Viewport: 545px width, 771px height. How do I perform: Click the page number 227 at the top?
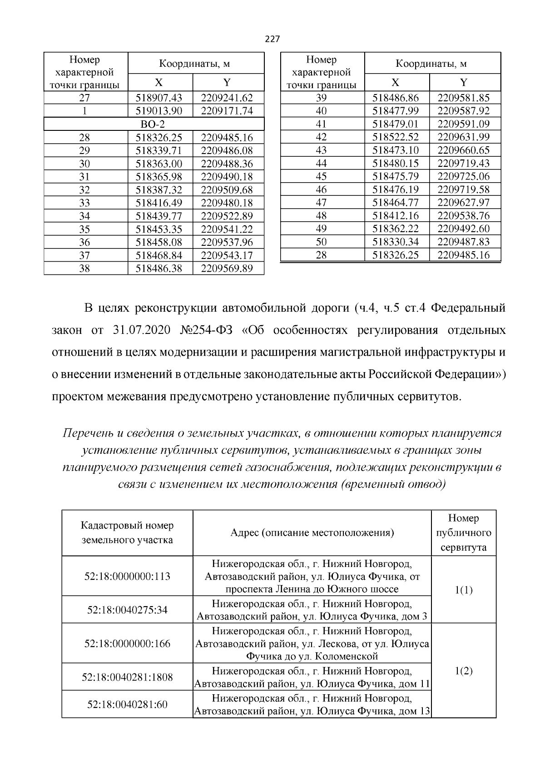pyautogui.click(x=272, y=39)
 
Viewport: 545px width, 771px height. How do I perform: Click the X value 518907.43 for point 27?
pyautogui.click(x=159, y=98)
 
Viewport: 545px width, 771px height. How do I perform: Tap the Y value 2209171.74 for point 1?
pyautogui.click(x=227, y=111)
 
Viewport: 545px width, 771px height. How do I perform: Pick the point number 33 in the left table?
pyautogui.click(x=84, y=203)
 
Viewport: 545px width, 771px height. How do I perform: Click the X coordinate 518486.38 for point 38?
pyautogui.click(x=159, y=269)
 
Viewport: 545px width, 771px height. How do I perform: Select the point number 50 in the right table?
pyautogui.click(x=321, y=242)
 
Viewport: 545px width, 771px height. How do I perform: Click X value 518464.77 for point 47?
pyautogui.click(x=396, y=203)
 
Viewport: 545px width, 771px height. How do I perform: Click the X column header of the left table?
pyautogui.click(x=159, y=82)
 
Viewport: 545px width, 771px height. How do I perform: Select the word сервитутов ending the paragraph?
pyautogui.click(x=426, y=397)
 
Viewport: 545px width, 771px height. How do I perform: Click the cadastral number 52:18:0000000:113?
pyautogui.click(x=127, y=576)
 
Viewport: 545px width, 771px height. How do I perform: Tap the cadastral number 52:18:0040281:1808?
pyautogui.click(x=127, y=677)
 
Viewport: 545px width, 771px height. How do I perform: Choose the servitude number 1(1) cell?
pyautogui.click(x=463, y=590)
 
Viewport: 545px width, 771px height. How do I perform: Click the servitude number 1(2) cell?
pyautogui.click(x=463, y=671)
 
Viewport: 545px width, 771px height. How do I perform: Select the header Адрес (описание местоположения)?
pyautogui.click(x=312, y=532)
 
